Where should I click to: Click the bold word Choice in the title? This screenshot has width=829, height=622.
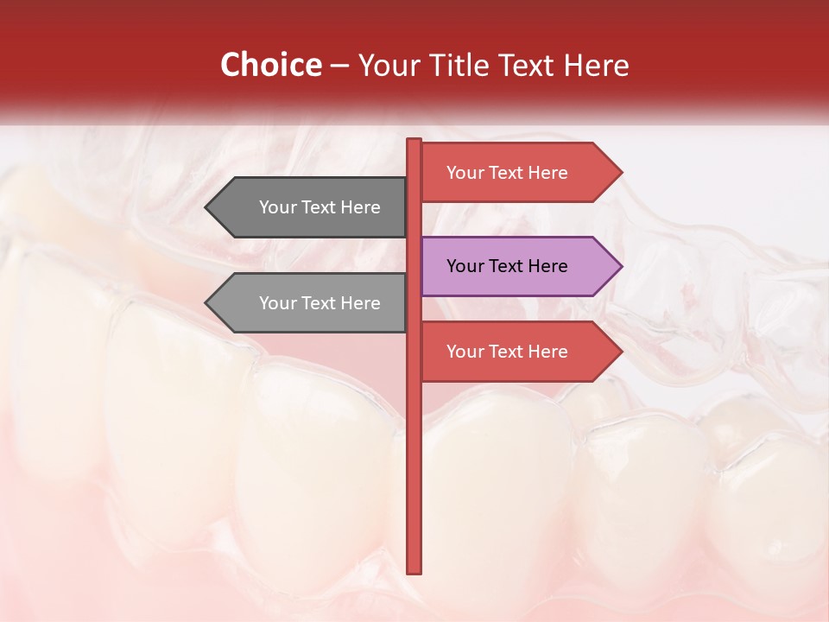(270, 65)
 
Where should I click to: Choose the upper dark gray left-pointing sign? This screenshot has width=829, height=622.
(311, 207)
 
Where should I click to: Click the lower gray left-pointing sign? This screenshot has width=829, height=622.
(311, 303)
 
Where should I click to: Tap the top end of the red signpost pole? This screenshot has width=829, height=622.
(414, 141)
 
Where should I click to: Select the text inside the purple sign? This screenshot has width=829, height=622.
(507, 266)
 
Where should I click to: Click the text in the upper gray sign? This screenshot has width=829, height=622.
(320, 207)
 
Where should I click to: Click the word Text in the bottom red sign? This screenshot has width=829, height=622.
(507, 352)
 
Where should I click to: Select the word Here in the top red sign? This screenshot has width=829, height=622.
(547, 173)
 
